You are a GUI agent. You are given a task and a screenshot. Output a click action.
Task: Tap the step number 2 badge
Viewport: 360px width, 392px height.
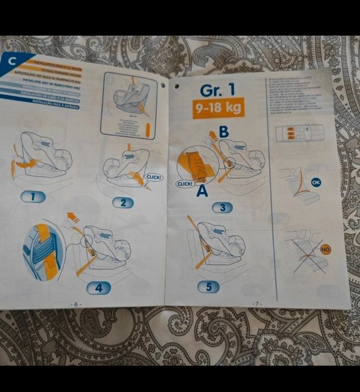point(123,202)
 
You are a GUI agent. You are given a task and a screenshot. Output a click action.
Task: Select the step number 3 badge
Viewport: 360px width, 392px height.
point(222,207)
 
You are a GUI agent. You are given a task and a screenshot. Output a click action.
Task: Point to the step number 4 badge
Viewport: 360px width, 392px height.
point(98,288)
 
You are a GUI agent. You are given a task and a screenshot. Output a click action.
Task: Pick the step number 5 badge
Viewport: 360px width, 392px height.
point(209,287)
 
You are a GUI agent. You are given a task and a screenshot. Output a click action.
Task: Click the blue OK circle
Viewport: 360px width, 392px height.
point(316,182)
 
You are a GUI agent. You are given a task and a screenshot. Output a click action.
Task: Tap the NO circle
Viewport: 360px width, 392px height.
point(325,248)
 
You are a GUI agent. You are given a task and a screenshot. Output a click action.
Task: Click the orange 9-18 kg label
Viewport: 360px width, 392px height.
point(218,108)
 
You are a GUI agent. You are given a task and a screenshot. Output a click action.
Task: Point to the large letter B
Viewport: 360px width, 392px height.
point(223,132)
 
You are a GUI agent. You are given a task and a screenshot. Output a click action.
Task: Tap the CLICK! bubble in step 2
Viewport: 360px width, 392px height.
point(153,177)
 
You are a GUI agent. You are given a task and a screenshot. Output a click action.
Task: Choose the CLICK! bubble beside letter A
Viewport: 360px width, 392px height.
point(184,183)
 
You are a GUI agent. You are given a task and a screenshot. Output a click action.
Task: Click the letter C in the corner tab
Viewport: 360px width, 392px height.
point(12,62)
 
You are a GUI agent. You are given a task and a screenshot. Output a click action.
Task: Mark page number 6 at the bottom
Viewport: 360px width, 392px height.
point(76,303)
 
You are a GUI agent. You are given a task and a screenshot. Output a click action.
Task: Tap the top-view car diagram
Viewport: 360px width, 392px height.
point(300,133)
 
